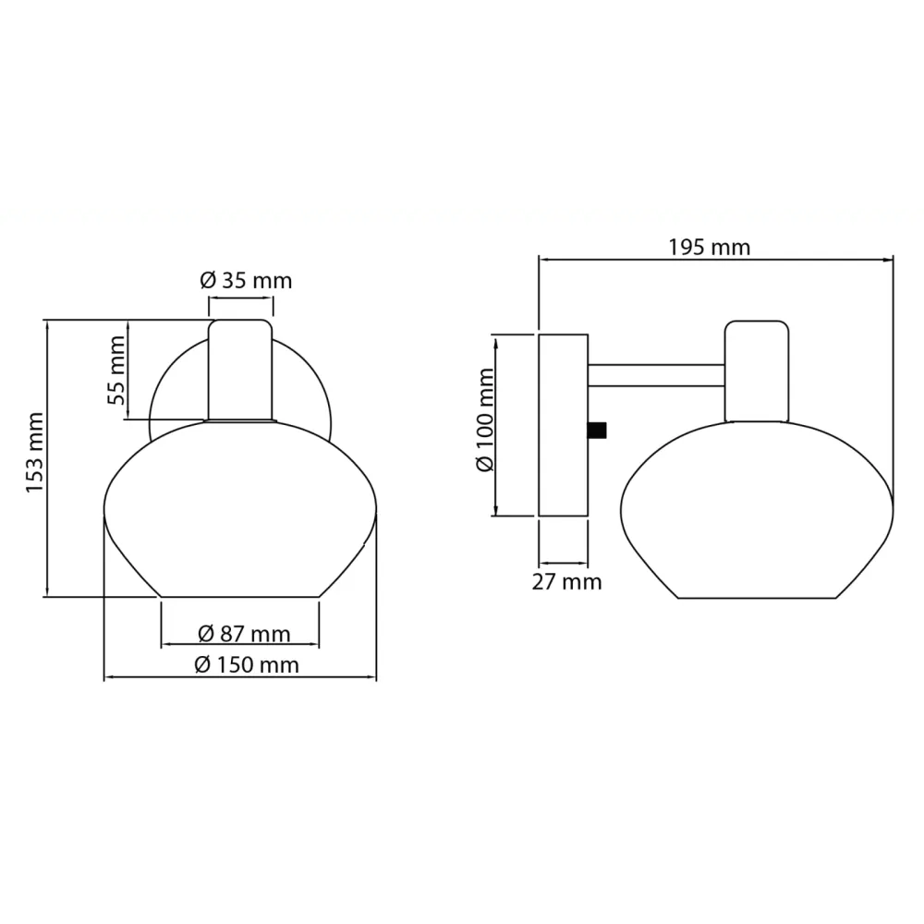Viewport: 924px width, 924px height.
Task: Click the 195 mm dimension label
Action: pyautogui.click(x=709, y=248)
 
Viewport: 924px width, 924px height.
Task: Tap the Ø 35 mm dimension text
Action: pyautogui.click(x=246, y=281)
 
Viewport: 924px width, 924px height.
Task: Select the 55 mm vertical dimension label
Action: pyautogui.click(x=116, y=371)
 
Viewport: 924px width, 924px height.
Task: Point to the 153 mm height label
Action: pyautogui.click(x=35, y=453)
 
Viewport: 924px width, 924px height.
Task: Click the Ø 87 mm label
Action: pyautogui.click(x=244, y=634)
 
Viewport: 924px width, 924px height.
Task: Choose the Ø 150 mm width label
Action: pyautogui.click(x=247, y=665)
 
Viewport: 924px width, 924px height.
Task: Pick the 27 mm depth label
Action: pyautogui.click(x=566, y=582)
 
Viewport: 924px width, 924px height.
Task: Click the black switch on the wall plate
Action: pyautogui.click(x=597, y=431)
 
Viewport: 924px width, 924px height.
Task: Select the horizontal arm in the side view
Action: pyautogui.click(x=656, y=375)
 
